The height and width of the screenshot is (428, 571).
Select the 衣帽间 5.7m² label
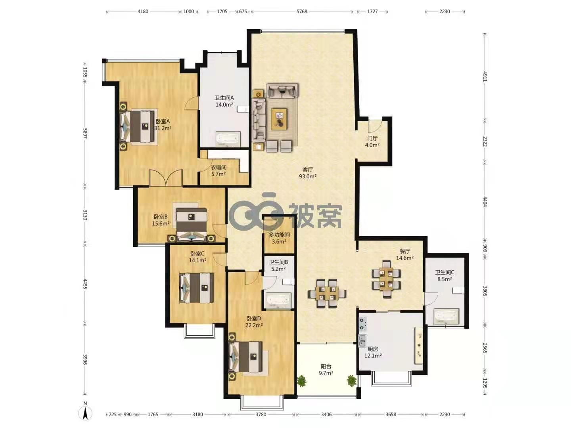pos(218,171)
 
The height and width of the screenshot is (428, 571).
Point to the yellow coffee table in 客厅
pos(279,119)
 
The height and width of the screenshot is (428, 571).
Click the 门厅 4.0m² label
pos(372,141)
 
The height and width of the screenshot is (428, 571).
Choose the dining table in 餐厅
pos(386,279)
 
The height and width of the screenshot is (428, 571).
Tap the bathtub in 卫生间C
pos(446,316)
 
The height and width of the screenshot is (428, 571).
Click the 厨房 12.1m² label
pos(373,352)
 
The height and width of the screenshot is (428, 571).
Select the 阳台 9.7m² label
pos(326,370)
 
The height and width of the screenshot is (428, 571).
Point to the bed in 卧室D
pos(245,357)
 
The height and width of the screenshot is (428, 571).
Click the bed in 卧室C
pos(196,288)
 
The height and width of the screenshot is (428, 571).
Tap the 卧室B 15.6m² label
pos(161,220)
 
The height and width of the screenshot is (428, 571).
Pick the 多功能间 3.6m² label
pos(279,238)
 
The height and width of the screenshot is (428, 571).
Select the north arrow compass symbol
pos(85,412)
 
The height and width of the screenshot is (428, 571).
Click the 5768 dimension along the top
pos(302,11)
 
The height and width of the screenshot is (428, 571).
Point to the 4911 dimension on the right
pos(485,76)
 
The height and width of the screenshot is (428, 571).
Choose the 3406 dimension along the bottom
pos(326,415)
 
